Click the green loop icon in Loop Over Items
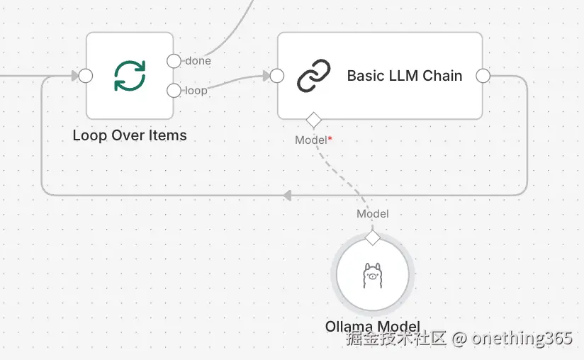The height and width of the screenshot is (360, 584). (130, 76)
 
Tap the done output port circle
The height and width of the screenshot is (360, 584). (174, 61)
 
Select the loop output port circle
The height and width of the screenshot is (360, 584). (174, 90)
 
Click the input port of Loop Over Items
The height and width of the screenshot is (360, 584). (86, 76)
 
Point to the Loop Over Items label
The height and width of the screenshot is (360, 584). (130, 135)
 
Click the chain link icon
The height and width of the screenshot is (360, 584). (313, 76)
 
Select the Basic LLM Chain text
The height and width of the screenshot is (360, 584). (404, 76)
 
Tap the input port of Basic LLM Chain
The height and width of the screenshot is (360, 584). (277, 76)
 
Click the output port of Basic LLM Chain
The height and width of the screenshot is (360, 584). (483, 76)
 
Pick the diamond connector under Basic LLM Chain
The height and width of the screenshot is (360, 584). (313, 119)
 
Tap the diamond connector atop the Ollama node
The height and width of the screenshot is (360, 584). (372, 237)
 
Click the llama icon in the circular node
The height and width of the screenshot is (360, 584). (372, 275)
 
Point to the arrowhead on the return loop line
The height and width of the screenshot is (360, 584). (287, 194)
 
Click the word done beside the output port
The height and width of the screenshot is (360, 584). (198, 61)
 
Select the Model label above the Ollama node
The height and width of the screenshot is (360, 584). (372, 213)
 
